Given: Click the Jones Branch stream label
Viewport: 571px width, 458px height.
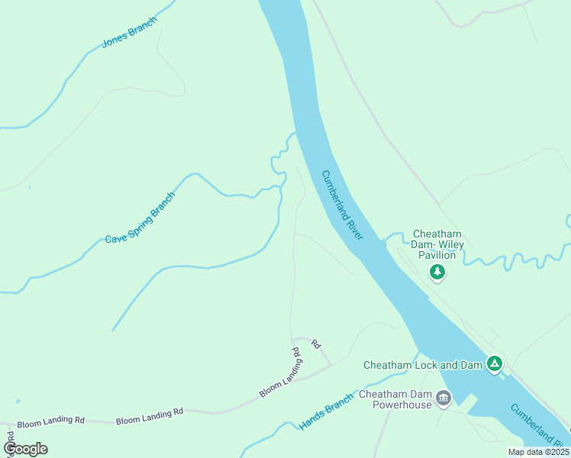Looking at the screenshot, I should (129, 32).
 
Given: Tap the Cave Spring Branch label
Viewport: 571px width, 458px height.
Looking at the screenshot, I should (140, 218).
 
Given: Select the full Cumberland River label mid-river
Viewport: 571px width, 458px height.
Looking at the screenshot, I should (342, 205).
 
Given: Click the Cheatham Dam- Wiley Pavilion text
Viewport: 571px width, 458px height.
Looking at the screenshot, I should (437, 244).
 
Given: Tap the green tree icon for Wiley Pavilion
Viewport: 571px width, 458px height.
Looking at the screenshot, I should (437, 272).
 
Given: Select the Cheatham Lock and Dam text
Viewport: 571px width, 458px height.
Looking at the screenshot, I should (423, 365).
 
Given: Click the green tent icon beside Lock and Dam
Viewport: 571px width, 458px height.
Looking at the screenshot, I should (495, 365).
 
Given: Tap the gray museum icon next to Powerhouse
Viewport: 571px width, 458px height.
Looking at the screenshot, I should (444, 397).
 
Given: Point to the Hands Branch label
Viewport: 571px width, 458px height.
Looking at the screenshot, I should (327, 411).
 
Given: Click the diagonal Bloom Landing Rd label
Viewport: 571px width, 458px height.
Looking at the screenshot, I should (280, 373).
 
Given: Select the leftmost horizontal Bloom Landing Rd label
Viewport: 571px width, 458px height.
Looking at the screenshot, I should (51, 421).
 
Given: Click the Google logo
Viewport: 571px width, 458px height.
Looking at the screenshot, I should (25, 449).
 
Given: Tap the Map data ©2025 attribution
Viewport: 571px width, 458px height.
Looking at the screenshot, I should (538, 452).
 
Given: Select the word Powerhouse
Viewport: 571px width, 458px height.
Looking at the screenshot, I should (402, 405).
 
